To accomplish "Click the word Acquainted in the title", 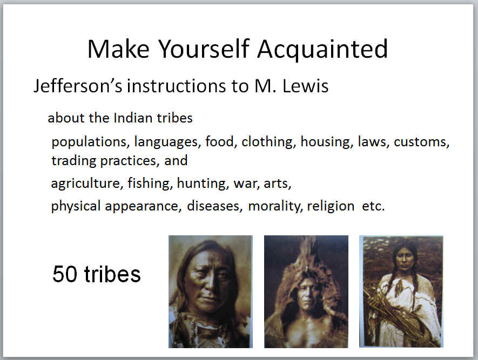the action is [x=322, y=49].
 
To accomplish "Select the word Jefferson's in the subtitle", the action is [x=78, y=86].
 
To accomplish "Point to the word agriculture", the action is [x=87, y=184].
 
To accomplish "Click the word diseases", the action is [x=214, y=206].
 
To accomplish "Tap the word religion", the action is [x=331, y=206].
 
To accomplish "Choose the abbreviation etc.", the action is [x=373, y=207].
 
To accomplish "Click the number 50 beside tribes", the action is [x=65, y=274].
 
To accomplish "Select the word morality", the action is [x=275, y=206].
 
